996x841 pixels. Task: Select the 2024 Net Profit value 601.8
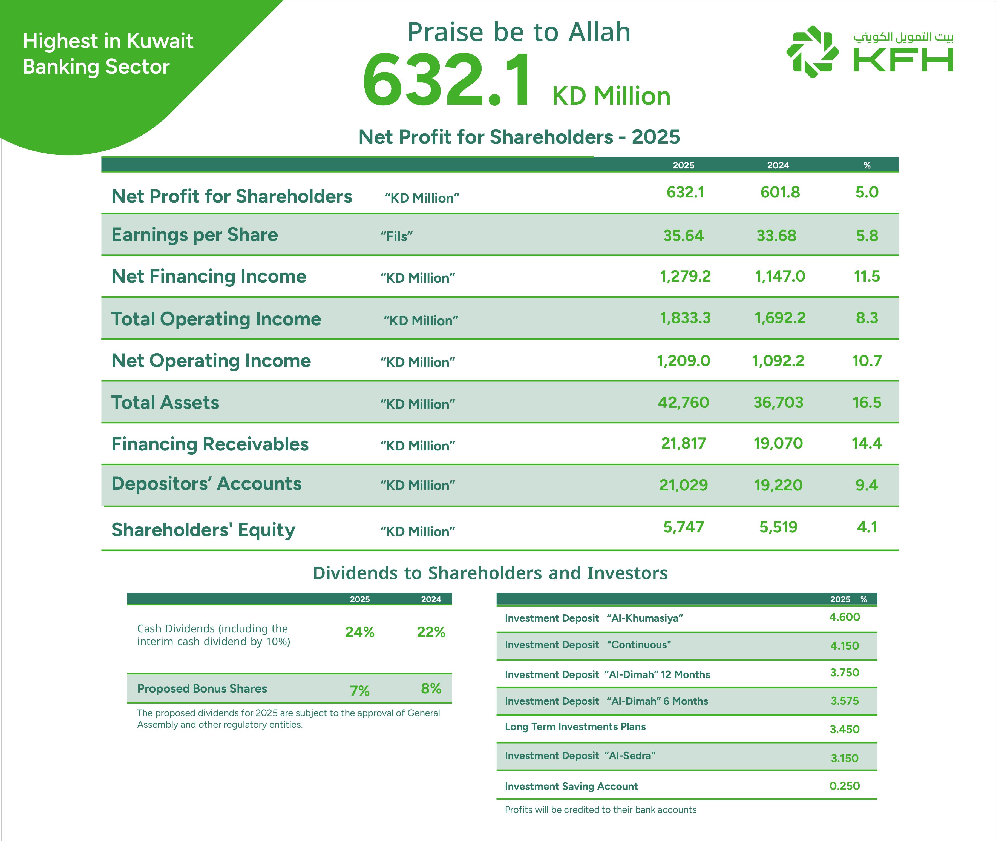click(780, 192)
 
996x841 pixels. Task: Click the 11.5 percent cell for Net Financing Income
click(867, 276)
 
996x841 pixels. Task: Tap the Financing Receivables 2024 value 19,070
click(778, 443)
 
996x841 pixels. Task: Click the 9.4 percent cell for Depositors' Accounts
click(867, 485)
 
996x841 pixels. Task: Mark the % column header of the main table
click(867, 165)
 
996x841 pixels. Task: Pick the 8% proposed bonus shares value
click(431, 688)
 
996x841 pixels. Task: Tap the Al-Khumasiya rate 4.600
click(844, 617)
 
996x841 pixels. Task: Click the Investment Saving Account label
click(571, 786)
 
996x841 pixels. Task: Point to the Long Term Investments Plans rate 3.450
click(844, 729)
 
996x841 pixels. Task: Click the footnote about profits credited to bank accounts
click(600, 810)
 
